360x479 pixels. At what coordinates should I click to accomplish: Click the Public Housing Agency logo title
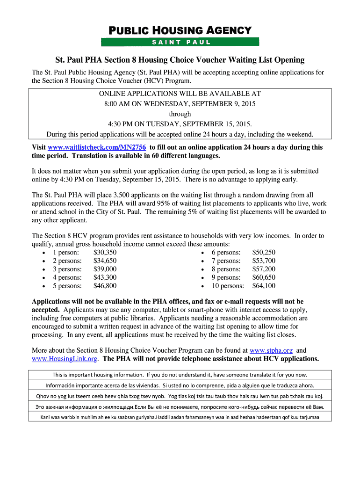tap(180, 31)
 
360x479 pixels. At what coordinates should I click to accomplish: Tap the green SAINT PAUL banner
tap(180, 42)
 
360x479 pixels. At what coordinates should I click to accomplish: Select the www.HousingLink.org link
tap(65, 359)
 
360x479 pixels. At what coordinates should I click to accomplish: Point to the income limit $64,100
tap(264, 286)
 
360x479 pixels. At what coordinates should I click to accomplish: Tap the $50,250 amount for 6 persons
tap(264, 252)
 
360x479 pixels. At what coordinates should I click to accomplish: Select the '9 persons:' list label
tap(226, 277)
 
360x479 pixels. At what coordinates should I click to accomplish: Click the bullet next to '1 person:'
tap(43, 253)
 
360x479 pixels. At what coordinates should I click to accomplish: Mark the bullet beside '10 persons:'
tap(202, 286)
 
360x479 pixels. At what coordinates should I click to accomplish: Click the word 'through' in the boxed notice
tap(180, 114)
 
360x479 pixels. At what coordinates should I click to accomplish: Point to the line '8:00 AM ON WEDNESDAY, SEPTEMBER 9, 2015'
tap(180, 103)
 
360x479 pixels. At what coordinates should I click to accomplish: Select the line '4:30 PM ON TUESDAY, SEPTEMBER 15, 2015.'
tap(180, 124)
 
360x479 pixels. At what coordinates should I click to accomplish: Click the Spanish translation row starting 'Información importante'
tap(180, 385)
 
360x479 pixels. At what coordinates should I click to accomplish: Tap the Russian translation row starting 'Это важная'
tap(180, 407)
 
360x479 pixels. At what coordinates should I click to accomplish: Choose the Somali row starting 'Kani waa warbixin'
tap(180, 417)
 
